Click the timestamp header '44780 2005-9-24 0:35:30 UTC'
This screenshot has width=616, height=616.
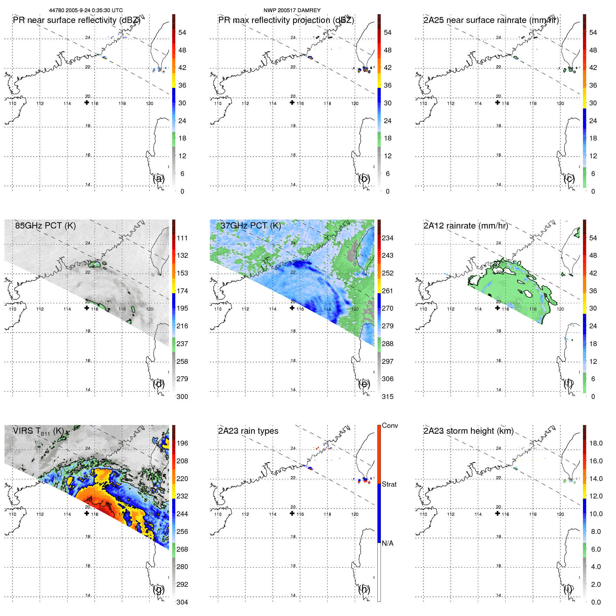(x=86, y=10)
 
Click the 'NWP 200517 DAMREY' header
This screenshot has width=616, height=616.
(x=292, y=10)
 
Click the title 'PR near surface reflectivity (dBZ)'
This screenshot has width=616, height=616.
(x=76, y=20)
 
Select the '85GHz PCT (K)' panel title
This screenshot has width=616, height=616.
(x=45, y=226)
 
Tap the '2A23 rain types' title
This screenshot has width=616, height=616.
(x=248, y=431)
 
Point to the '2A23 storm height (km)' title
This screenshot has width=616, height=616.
(x=468, y=431)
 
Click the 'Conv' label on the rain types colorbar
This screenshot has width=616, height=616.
(x=390, y=425)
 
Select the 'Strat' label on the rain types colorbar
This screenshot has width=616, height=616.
(x=389, y=484)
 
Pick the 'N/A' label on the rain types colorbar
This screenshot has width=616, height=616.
(x=387, y=543)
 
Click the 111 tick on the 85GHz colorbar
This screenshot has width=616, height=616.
(x=182, y=238)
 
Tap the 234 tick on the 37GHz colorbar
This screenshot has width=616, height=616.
(x=387, y=238)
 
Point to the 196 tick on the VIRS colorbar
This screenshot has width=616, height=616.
(x=182, y=443)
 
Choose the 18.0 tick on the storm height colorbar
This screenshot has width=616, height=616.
(x=595, y=443)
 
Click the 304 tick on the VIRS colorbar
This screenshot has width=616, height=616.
(x=182, y=602)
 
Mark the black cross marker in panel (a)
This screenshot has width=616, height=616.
(x=87, y=103)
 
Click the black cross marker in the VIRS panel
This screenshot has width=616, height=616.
(x=87, y=513)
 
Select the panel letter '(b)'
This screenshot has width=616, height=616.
(x=364, y=178)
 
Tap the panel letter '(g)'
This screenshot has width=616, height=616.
(x=159, y=589)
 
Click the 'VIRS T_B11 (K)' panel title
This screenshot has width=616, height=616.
(x=38, y=431)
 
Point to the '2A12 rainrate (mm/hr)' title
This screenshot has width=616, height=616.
(x=465, y=226)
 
